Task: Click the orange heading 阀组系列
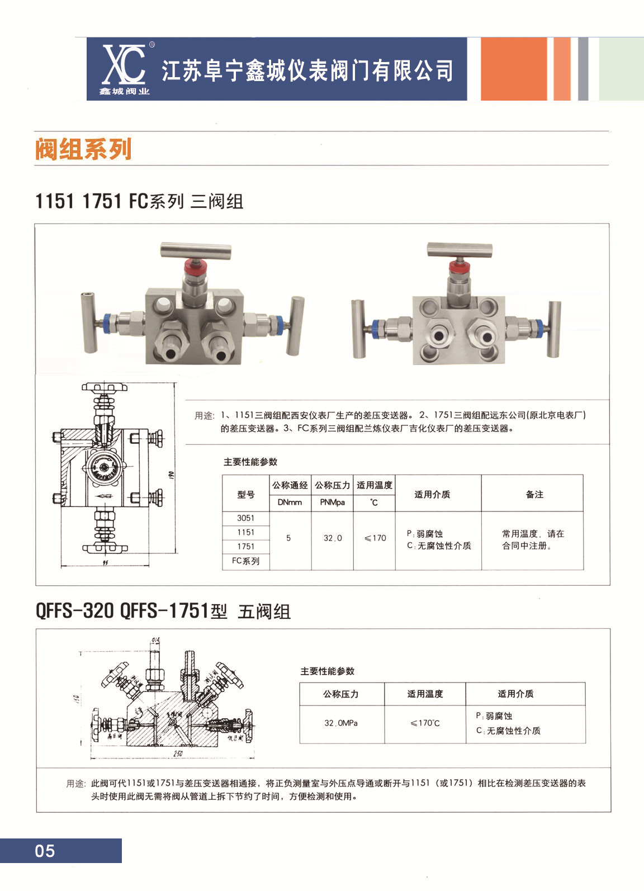click(x=83, y=149)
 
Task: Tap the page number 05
click(x=45, y=851)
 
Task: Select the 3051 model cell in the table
click(x=245, y=518)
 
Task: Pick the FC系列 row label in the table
click(x=245, y=561)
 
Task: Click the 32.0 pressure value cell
click(x=333, y=538)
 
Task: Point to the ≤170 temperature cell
click(x=375, y=538)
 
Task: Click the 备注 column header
click(x=534, y=494)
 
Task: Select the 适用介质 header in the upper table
click(x=432, y=494)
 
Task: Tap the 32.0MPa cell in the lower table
click(x=341, y=723)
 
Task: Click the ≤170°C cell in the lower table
click(x=425, y=723)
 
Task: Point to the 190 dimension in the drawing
click(x=172, y=475)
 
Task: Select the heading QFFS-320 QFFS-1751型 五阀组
click(x=163, y=611)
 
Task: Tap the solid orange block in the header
click(x=513, y=69)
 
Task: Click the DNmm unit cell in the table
click(x=290, y=503)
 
